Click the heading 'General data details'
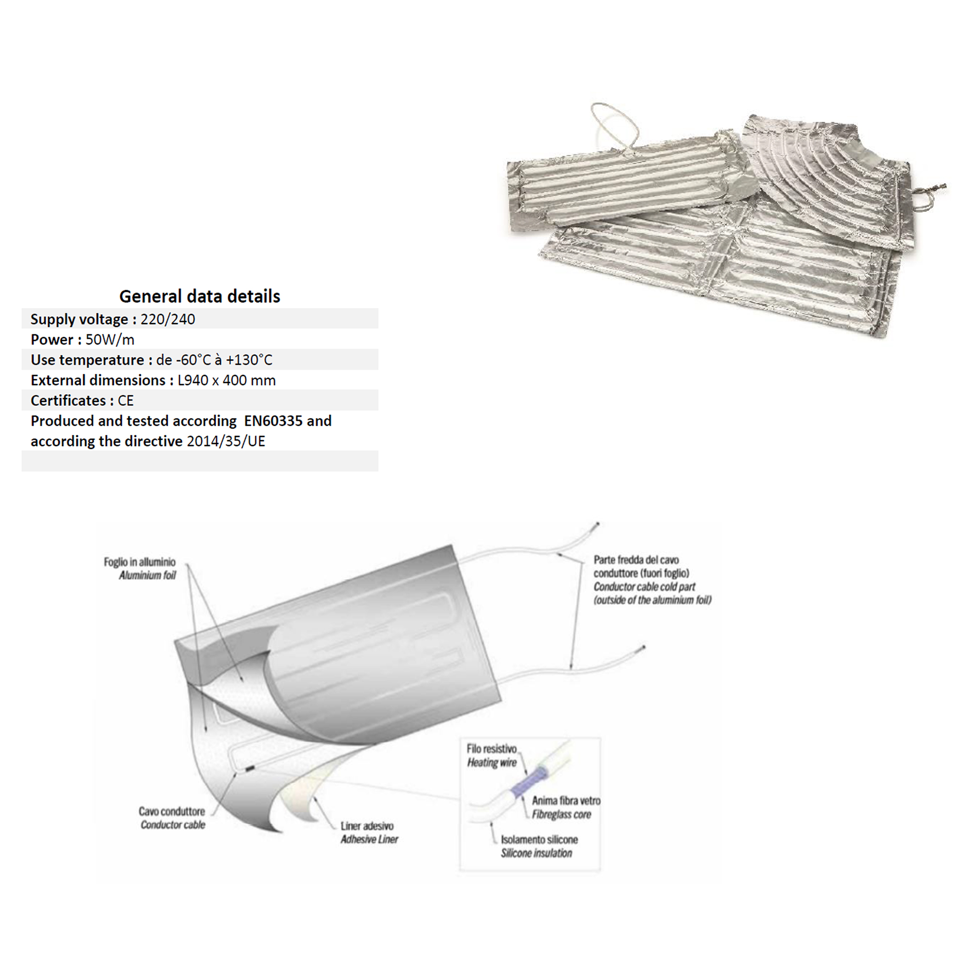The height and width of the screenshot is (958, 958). tap(199, 296)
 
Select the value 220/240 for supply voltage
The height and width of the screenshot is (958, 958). tap(168, 319)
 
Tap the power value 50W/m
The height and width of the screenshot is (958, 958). tap(110, 340)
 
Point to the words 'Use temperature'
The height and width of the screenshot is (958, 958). tap(87, 360)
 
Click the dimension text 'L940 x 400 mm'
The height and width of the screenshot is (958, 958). tap(227, 380)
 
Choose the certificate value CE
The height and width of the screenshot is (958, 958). tap(125, 400)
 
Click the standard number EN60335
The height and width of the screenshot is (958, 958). tap(273, 421)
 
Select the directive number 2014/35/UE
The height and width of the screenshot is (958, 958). tap(226, 441)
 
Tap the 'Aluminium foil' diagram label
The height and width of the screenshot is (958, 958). tap(147, 575)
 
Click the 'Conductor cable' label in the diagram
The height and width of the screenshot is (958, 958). tap(172, 825)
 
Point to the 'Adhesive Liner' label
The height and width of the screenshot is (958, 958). tap(369, 839)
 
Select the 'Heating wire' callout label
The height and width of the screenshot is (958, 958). tap(491, 763)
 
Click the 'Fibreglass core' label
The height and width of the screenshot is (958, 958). tap(561, 814)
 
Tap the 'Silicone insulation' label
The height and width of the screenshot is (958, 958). tap(536, 853)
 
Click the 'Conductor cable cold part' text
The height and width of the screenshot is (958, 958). tap(644, 587)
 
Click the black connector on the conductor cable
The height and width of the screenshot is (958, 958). tap(250, 769)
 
